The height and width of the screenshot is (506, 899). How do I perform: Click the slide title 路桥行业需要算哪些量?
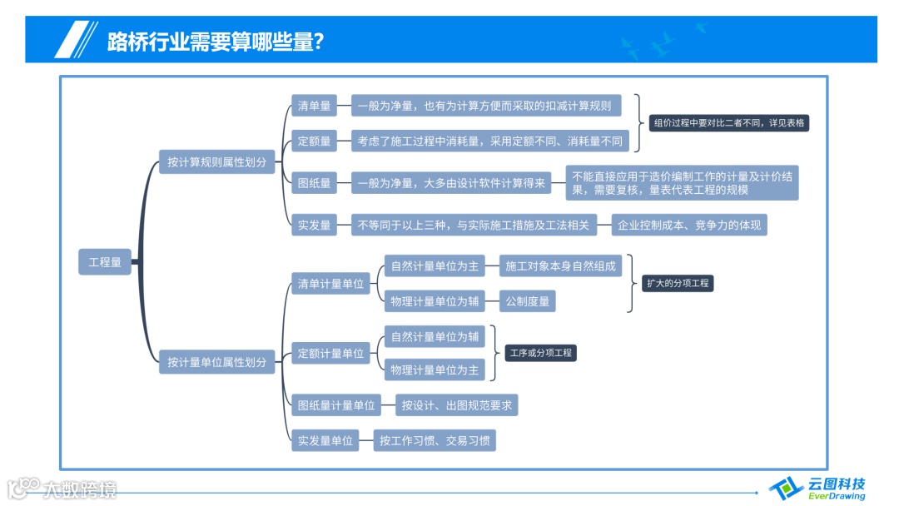pos(215,41)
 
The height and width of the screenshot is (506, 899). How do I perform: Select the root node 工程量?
pos(105,262)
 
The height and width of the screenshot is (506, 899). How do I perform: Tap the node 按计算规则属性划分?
pos(216,162)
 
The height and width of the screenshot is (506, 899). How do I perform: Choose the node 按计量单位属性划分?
pos(216,362)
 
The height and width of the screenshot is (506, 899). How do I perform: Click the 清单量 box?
pos(315,106)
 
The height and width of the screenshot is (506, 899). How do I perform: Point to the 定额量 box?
pos(315,141)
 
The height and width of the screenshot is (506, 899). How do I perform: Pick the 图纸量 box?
pos(315,183)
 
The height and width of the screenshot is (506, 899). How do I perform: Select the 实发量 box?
pos(315,225)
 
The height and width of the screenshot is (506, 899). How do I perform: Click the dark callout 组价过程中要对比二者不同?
pos(729,122)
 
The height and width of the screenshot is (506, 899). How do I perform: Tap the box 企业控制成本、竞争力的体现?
pos(689,225)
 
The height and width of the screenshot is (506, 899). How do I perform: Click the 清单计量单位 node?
pos(331,284)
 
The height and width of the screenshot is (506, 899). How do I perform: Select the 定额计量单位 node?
pos(331,354)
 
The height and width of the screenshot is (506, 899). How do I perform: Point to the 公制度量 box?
pos(528,301)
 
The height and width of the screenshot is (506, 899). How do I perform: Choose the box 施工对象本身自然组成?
pos(561,266)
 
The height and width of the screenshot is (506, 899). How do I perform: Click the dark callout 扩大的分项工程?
pos(678,283)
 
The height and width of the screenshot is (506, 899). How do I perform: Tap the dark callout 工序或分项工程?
pos(540,353)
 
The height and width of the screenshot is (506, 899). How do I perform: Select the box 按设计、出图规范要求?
pos(457,405)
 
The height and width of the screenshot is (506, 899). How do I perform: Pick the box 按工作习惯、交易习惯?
pos(435,441)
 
